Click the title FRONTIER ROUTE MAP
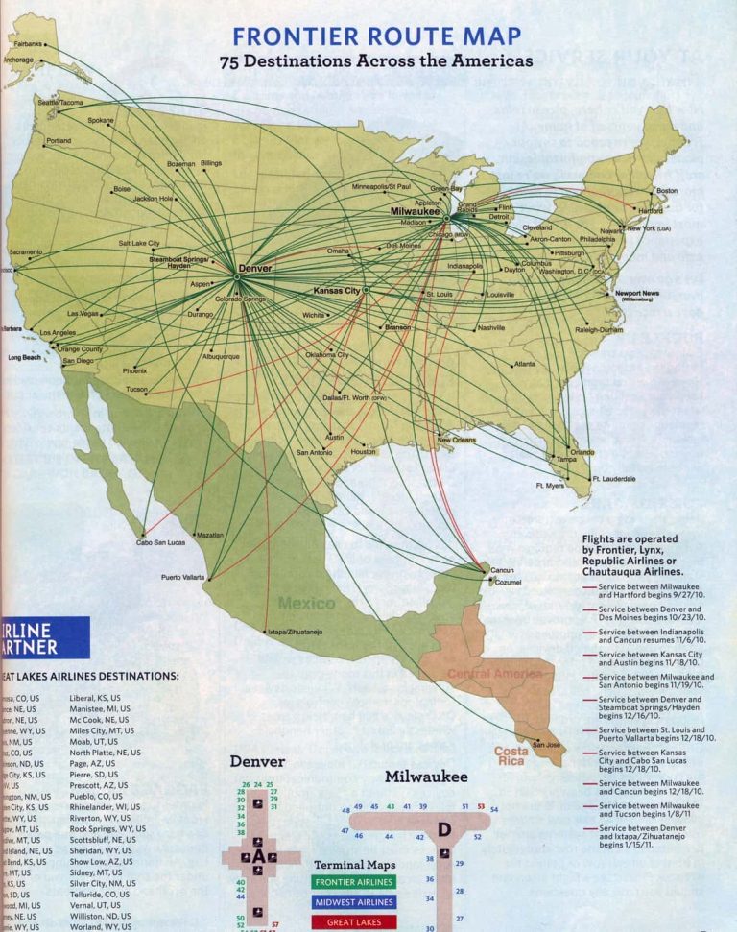pyautogui.click(x=377, y=37)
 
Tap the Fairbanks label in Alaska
pyautogui.click(x=28, y=44)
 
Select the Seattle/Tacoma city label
pyautogui.click(x=60, y=102)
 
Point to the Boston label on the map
pyautogui.click(x=666, y=190)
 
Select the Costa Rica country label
pyautogui.click(x=511, y=756)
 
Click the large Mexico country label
pyautogui.click(x=306, y=603)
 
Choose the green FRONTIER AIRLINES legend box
pyautogui.click(x=353, y=882)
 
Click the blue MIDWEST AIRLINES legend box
pyautogui.click(x=353, y=902)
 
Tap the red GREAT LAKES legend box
pyautogui.click(x=353, y=922)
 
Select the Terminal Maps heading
pyautogui.click(x=354, y=865)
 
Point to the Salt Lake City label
pyautogui.click(x=139, y=244)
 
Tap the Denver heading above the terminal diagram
pyautogui.click(x=256, y=762)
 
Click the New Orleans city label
pyautogui.click(x=458, y=440)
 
